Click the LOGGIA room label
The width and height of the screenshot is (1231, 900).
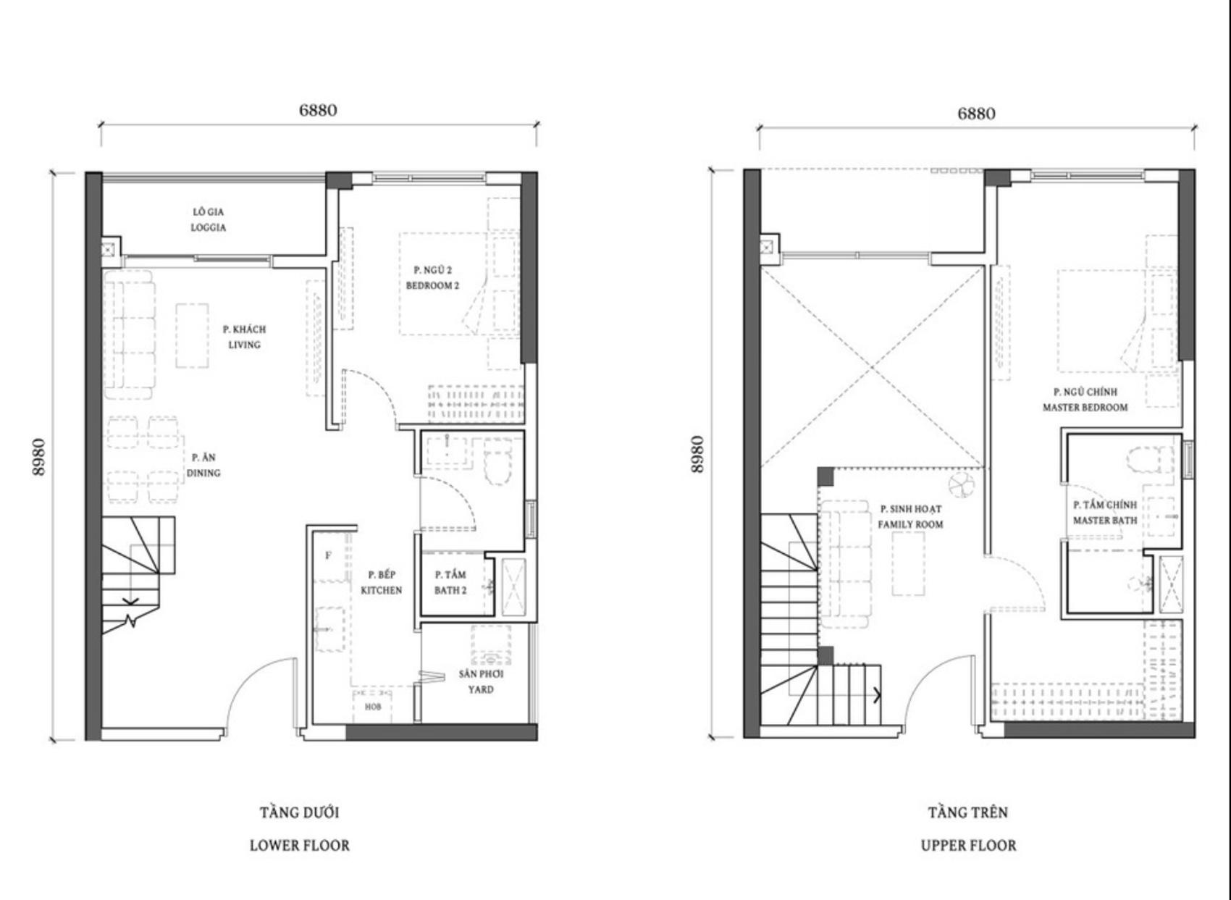209,227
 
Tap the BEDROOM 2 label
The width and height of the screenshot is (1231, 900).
432,286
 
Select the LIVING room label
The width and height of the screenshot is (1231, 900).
245,345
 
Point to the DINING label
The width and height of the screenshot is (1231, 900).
203,473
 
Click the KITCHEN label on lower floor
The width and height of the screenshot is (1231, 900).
382,590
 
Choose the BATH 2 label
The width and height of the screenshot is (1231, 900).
450,590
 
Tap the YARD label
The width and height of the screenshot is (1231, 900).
481,689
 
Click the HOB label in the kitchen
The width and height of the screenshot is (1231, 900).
373,707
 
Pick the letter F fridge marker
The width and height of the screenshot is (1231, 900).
328,555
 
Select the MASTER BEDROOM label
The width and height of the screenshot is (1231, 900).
1085,408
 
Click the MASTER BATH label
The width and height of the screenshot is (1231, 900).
1105,520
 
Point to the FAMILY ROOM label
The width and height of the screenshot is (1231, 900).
911,524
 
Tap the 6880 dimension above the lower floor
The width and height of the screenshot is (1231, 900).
318,111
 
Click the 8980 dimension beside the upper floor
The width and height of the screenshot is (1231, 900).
697,454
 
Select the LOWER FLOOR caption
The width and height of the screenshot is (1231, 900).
300,845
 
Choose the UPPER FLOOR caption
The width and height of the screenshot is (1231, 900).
968,845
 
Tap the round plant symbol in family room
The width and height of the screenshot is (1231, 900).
961,484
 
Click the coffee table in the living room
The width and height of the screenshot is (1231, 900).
193,335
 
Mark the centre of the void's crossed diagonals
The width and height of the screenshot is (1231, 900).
872,368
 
